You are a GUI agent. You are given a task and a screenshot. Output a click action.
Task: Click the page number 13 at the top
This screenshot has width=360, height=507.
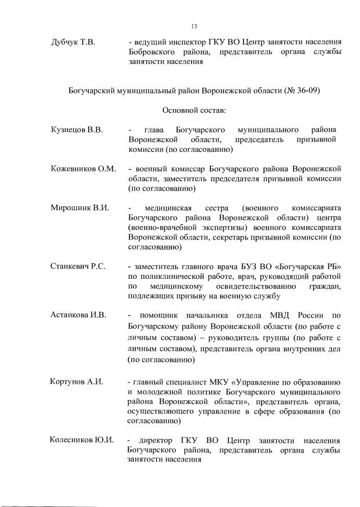point(194,26)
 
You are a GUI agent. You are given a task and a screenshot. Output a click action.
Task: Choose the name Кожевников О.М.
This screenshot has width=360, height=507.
point(83,169)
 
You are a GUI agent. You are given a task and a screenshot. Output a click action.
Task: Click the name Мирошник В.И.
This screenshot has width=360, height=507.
point(79,207)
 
